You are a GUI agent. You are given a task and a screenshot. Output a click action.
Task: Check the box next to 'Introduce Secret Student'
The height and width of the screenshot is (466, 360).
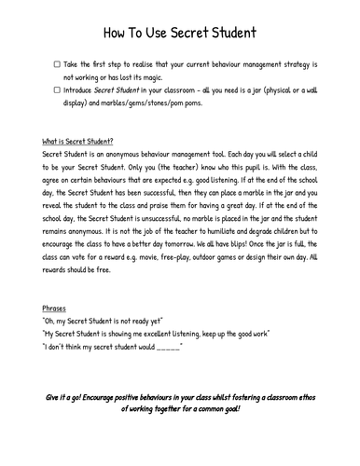click(58, 89)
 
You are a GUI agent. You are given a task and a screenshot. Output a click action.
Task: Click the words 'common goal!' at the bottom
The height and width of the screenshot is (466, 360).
click(221, 410)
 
